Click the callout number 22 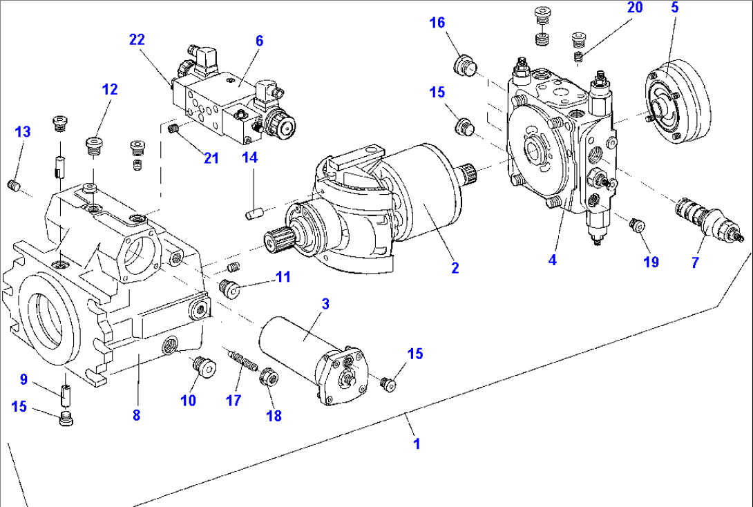pos(137,40)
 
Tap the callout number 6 pos(259,41)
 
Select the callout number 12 pos(110,89)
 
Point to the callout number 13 pos(23,131)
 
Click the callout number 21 pos(211,158)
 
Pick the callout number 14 pos(249,158)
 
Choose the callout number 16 pos(437,23)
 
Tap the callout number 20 pos(635,8)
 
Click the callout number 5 pos(675,8)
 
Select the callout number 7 pos(695,262)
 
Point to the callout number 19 pos(651,262)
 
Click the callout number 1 pos(417,443)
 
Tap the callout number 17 pos(234,399)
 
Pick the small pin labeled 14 pos(254,213)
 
